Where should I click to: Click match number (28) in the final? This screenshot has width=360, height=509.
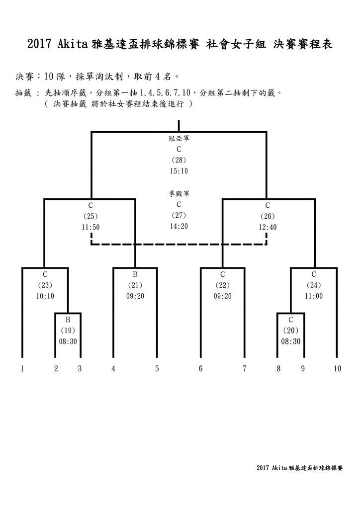[179, 160]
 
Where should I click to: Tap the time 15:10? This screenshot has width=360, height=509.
[179, 171]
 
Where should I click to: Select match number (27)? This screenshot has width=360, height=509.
[179, 215]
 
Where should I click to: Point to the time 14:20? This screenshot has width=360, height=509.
[179, 226]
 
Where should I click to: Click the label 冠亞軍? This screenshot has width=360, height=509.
[179, 139]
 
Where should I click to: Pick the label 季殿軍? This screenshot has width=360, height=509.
[179, 194]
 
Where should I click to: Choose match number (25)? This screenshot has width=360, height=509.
[90, 216]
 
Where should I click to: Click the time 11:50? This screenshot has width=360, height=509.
[90, 227]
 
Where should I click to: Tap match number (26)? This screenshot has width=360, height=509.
[268, 216]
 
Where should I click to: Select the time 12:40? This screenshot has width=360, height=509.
[268, 227]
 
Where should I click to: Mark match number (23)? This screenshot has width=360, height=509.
[45, 285]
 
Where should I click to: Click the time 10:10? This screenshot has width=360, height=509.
[45, 296]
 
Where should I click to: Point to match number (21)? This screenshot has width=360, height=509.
[135, 285]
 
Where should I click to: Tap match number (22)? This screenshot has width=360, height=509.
[223, 285]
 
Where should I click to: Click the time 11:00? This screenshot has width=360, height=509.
[314, 296]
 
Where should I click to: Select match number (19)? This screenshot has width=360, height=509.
[68, 331]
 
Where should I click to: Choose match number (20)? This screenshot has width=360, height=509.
[290, 331]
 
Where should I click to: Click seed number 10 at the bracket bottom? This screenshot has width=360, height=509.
[338, 369]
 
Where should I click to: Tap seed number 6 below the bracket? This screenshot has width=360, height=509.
[201, 369]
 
